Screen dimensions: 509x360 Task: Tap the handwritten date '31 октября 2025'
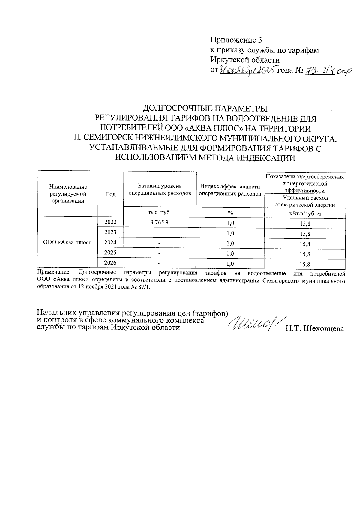tap(247, 71)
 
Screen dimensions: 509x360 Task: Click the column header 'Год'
tap(111, 194)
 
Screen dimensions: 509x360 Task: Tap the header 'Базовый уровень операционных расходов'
tap(160, 190)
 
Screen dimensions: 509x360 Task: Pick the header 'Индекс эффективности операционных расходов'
tap(230, 190)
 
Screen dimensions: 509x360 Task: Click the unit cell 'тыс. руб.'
tap(160, 212)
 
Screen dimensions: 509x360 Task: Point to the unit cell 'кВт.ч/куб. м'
tap(305, 213)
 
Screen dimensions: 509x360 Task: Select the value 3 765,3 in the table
tap(160, 222)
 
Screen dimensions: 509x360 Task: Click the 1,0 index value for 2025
tap(230, 254)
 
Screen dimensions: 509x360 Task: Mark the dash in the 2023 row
tap(160, 233)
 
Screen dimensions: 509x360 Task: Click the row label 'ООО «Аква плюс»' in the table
tap(67, 242)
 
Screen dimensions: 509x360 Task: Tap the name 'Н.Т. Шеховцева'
tap(315, 329)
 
